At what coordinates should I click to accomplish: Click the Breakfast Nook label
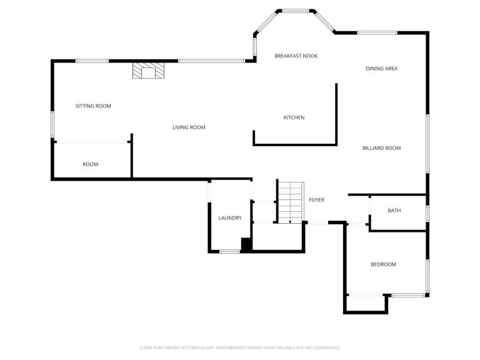[x=296, y=56]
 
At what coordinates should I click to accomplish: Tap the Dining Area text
[x=381, y=69]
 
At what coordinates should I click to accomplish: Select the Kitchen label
[x=294, y=117]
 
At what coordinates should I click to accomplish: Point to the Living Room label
[x=189, y=127]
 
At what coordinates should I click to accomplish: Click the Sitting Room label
[x=93, y=106]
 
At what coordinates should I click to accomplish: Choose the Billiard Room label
[x=381, y=148]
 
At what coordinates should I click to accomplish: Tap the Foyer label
[x=316, y=200]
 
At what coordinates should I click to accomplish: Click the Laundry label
[x=230, y=218]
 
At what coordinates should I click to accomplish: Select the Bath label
[x=394, y=211]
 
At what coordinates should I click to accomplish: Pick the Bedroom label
[x=383, y=264]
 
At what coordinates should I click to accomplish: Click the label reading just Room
[x=90, y=164]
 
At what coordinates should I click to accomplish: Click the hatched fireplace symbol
[x=149, y=71]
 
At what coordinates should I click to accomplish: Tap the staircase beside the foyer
[x=291, y=202]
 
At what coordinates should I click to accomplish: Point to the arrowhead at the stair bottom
[x=290, y=222]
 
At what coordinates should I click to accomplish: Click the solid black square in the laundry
[x=246, y=244]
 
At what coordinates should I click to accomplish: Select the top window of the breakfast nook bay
[x=296, y=11]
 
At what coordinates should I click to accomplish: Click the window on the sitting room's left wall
[x=52, y=124]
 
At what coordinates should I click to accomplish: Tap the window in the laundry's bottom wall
[x=229, y=252]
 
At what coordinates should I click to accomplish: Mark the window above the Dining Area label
[x=377, y=32]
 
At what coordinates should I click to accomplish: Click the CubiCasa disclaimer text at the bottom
[x=240, y=347]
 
